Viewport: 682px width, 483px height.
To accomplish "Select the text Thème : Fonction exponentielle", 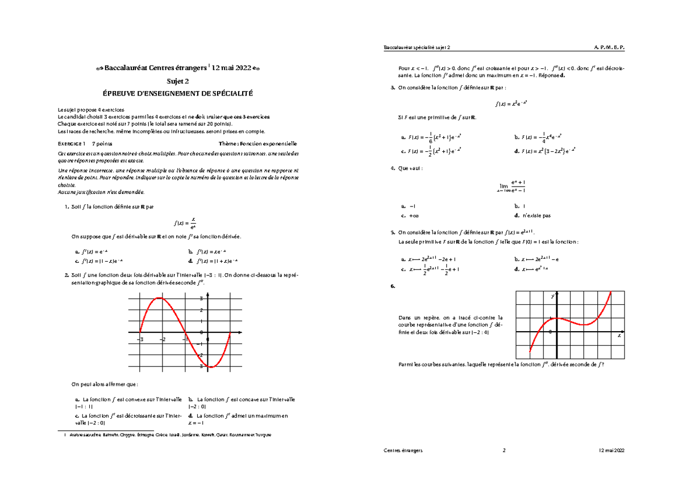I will [x=259, y=144].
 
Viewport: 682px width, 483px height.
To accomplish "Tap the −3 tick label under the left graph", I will [x=140, y=340].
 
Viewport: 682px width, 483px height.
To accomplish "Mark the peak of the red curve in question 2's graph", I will [x=160, y=298].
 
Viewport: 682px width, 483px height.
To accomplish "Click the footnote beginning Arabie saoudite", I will [x=170, y=435].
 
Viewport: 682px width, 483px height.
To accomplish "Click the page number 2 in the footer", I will [x=504, y=450].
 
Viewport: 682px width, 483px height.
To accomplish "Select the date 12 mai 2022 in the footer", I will [x=612, y=450].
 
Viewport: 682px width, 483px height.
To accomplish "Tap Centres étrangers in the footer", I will [x=404, y=450].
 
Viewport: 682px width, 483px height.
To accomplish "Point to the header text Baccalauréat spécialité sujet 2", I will [x=418, y=47].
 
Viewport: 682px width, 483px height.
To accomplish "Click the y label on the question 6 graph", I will [x=551, y=297].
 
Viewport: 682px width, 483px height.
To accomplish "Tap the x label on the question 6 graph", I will [x=619, y=336].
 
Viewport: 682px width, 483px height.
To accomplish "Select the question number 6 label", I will [x=393, y=286].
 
